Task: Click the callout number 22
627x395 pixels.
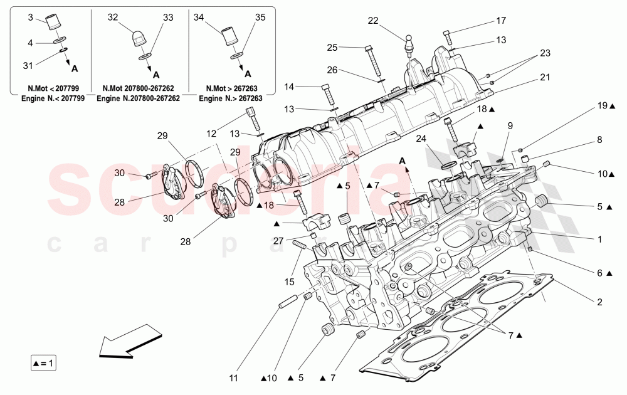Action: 373,21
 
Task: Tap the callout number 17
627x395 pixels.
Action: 500,21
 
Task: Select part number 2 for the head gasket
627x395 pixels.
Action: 599,302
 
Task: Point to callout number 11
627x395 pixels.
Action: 233,378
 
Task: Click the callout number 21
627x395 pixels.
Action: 545,77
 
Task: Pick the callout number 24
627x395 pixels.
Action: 422,139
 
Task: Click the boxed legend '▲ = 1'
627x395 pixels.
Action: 43,362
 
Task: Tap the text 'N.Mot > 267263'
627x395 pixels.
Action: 228,89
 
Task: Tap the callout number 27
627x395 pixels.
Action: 278,240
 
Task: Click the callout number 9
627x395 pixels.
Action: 510,125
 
